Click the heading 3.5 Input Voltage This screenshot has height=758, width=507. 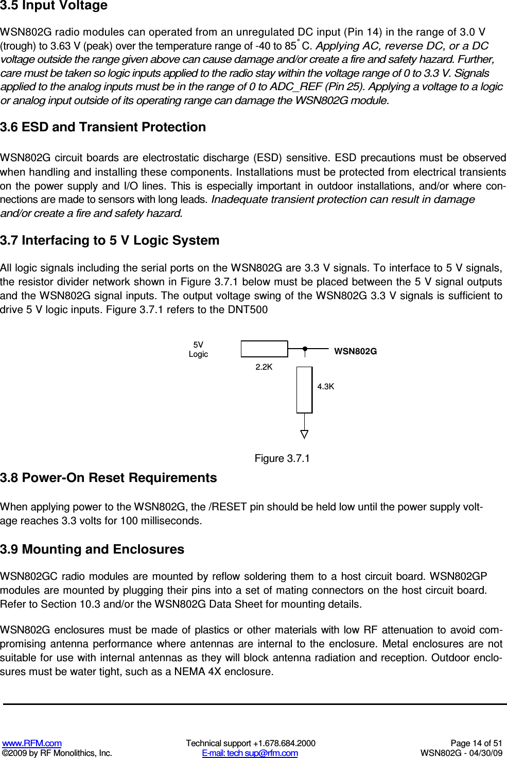click(x=54, y=6)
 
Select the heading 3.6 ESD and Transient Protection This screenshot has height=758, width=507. click(x=103, y=127)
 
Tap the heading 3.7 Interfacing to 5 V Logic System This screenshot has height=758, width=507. click(x=110, y=240)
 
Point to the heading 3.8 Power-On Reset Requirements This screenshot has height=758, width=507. click(x=108, y=478)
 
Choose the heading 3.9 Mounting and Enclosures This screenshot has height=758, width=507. click(x=92, y=549)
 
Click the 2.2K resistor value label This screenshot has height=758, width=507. click(x=264, y=367)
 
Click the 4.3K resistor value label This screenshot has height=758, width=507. click(x=326, y=387)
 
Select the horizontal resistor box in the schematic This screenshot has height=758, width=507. click(x=264, y=349)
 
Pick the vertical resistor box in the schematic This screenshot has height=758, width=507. click(x=304, y=390)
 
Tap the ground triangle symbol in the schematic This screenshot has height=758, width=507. click(x=304, y=434)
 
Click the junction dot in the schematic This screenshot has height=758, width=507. click(x=305, y=349)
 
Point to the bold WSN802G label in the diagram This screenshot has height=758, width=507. click(x=356, y=351)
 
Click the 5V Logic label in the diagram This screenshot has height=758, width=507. click(x=198, y=350)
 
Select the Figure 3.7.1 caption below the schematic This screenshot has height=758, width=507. click(x=282, y=458)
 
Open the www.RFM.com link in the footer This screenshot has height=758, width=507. click(x=32, y=743)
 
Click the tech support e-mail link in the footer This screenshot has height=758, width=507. click(x=250, y=753)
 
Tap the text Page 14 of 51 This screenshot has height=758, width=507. click(x=476, y=743)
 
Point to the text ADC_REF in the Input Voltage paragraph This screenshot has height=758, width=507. click(x=296, y=87)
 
